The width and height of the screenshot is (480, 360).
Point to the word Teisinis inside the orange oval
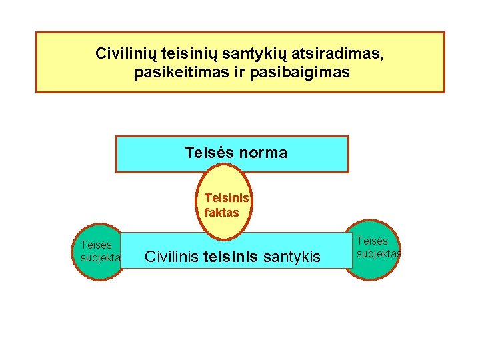point(227,198)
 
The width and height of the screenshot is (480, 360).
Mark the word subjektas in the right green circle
point(379,253)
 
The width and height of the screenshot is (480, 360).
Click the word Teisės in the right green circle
point(372,241)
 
